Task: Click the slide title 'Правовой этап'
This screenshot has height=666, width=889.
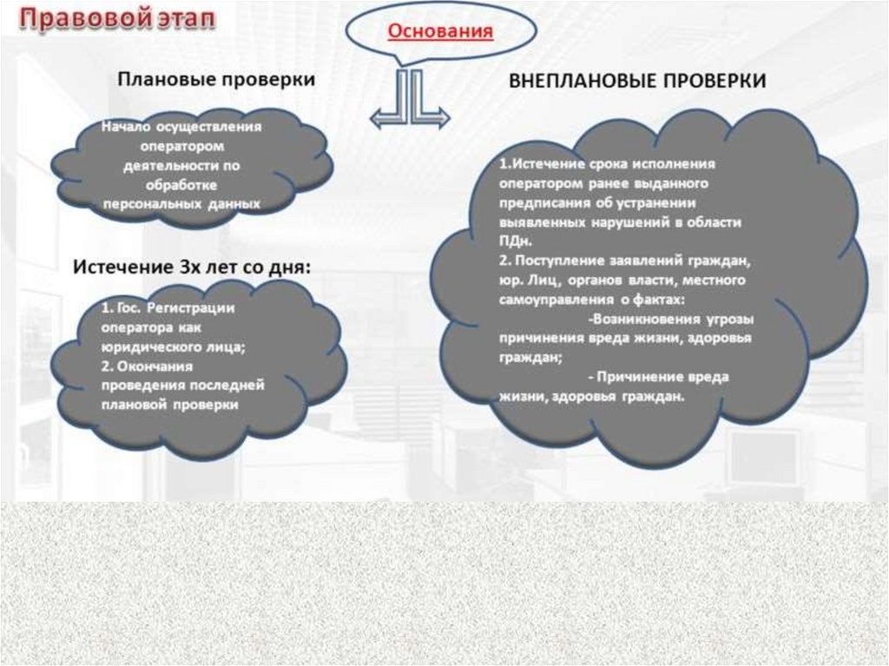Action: point(119,20)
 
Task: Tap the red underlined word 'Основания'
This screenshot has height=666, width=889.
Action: point(440,31)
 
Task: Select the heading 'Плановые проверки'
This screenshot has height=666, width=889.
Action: point(216,79)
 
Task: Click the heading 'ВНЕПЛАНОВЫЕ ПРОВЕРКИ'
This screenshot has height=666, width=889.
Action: point(637,81)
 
